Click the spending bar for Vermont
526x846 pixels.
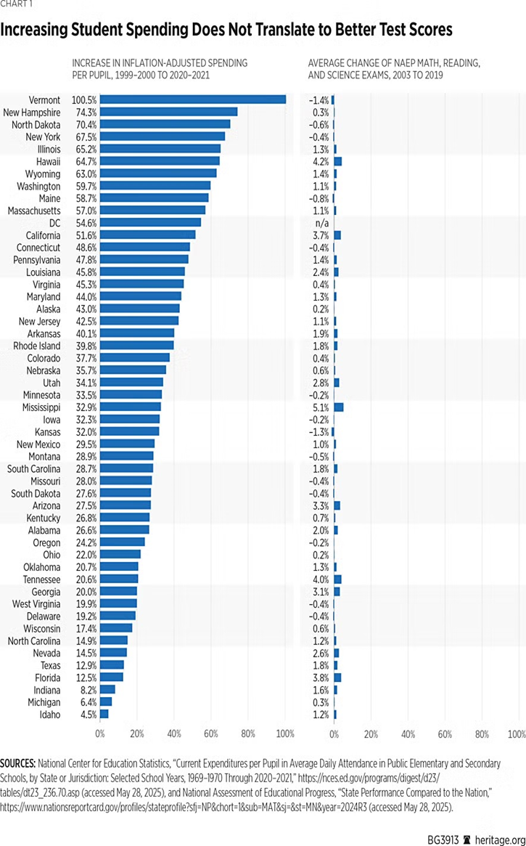tap(193, 99)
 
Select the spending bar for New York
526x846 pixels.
tap(163, 137)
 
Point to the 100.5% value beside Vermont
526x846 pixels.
tap(85, 99)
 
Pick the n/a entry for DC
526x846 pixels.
tap(321, 223)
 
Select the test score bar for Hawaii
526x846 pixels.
tap(337, 161)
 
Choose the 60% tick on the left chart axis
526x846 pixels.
tap(211, 734)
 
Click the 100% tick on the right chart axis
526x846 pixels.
tap(517, 734)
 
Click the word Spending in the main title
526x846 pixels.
tap(159, 30)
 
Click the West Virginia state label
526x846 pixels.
tap(38, 604)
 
